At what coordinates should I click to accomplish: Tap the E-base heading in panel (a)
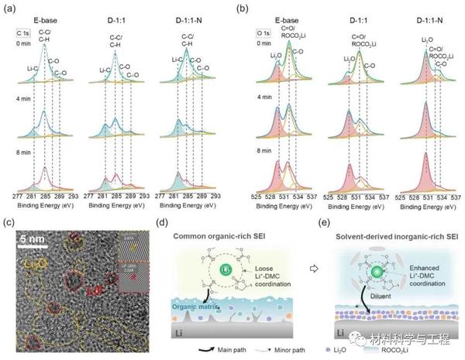pyautogui.click(x=43, y=14)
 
